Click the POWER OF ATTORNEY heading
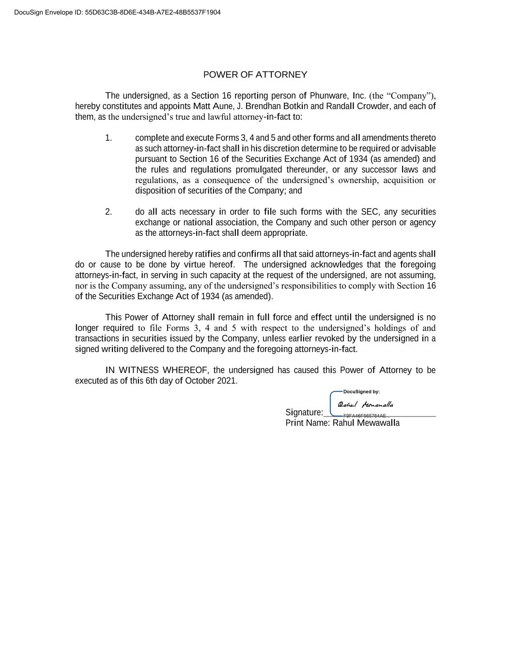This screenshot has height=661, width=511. pos(255,75)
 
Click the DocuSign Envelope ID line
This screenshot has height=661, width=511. pos(117,12)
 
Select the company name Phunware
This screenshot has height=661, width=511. pos(329,96)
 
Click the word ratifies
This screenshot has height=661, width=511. pos(207,254)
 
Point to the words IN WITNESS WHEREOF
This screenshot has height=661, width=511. pos(156,370)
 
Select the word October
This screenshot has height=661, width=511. pos(200,381)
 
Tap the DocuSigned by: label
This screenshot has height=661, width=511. pos(361,392)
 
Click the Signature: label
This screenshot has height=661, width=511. pos(304,413)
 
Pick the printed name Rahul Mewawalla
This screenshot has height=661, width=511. pos(366,423)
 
